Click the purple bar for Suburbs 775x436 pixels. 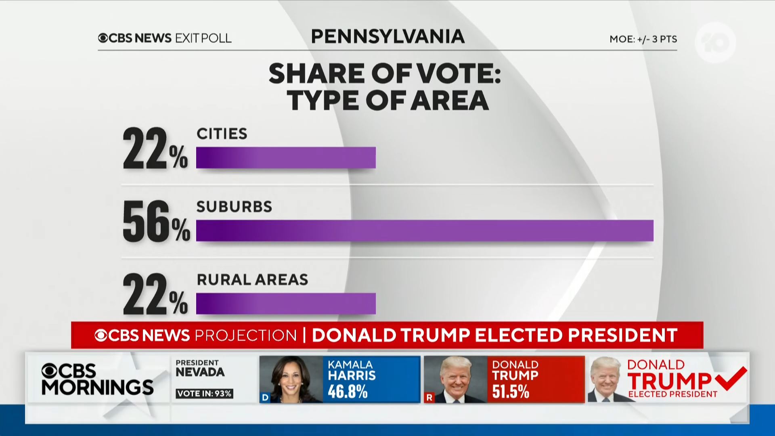click(x=425, y=231)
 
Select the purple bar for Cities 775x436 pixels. click(x=286, y=157)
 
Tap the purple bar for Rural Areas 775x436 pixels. click(x=286, y=303)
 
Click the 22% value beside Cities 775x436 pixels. click(x=155, y=149)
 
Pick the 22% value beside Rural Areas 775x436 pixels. click(x=155, y=294)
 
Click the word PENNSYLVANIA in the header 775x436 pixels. click(x=387, y=37)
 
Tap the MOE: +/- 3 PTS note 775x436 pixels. click(x=643, y=39)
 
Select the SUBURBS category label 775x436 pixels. click(x=234, y=207)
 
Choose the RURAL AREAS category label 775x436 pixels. click(x=252, y=279)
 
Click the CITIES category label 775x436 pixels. click(x=222, y=134)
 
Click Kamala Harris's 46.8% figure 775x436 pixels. click(x=348, y=392)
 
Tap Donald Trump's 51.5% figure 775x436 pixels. click(x=511, y=392)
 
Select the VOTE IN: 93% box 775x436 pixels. click(x=204, y=394)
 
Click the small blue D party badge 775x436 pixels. click(x=265, y=398)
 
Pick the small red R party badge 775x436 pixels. click(x=429, y=398)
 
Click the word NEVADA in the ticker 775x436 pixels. click(x=200, y=372)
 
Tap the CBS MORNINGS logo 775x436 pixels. click(x=97, y=379)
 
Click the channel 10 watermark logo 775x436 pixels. click(x=715, y=42)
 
